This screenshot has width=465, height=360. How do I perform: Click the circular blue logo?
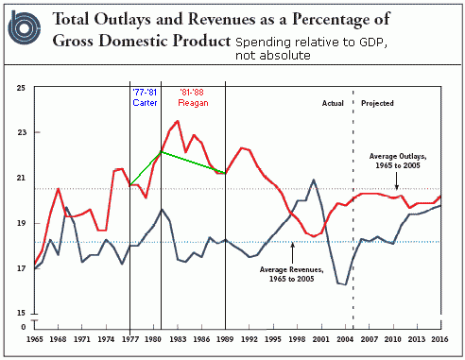click(x=25, y=28)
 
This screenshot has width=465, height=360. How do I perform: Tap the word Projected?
click(x=377, y=103)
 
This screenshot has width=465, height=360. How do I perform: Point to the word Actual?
click(x=333, y=103)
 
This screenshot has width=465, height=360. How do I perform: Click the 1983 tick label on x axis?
click(x=178, y=339)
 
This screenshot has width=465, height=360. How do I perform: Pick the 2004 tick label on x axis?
click(x=345, y=339)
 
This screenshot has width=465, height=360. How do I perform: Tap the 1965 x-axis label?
click(x=35, y=339)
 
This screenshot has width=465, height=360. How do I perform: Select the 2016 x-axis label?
click(x=439, y=339)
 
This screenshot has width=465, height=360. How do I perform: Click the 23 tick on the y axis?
click(x=22, y=132)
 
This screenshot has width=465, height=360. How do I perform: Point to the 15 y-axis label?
click(x=22, y=313)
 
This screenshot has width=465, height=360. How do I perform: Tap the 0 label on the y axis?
click(x=24, y=327)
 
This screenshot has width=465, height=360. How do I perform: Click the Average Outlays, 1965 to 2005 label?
click(x=398, y=161)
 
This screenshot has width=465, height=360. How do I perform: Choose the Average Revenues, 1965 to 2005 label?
click(x=291, y=274)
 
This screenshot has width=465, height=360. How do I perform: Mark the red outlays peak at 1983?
click(x=178, y=121)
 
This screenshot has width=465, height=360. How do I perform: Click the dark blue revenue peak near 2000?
click(x=314, y=180)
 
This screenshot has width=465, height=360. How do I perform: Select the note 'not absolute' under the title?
click(x=273, y=56)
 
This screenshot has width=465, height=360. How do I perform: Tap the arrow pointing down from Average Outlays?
click(x=397, y=180)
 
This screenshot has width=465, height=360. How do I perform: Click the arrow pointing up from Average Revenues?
click(x=292, y=253)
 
